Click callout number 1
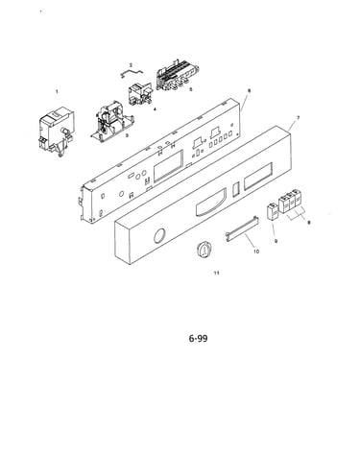point(57,91)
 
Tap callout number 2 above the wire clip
point(131,65)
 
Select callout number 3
point(127,135)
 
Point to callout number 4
point(155,109)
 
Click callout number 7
point(299,118)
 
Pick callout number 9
point(276,241)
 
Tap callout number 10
point(256,252)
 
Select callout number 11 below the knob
point(217,273)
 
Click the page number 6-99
point(198,338)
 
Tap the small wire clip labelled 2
point(132,73)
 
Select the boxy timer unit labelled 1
point(57,132)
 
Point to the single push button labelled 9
point(273,211)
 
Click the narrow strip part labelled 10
point(242,228)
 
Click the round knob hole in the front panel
point(159,236)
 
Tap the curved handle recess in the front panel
point(211,204)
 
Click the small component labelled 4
point(140,93)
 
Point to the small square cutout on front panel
point(236,189)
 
